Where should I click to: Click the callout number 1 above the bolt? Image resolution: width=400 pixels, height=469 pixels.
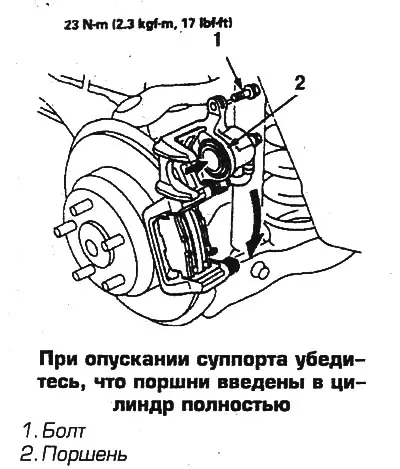tap(217, 40)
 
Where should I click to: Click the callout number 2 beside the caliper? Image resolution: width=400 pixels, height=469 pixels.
tap(299, 82)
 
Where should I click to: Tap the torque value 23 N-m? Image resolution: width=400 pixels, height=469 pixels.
tap(85, 25)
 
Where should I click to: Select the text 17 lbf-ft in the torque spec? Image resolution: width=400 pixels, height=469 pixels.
tap(208, 24)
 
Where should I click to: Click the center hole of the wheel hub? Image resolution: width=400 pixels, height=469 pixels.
tap(92, 247)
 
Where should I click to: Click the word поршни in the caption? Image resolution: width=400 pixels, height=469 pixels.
tap(173, 383)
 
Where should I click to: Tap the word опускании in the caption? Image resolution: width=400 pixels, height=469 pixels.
tap(134, 362)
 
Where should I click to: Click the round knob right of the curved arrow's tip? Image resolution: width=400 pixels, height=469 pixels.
tap(260, 270)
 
